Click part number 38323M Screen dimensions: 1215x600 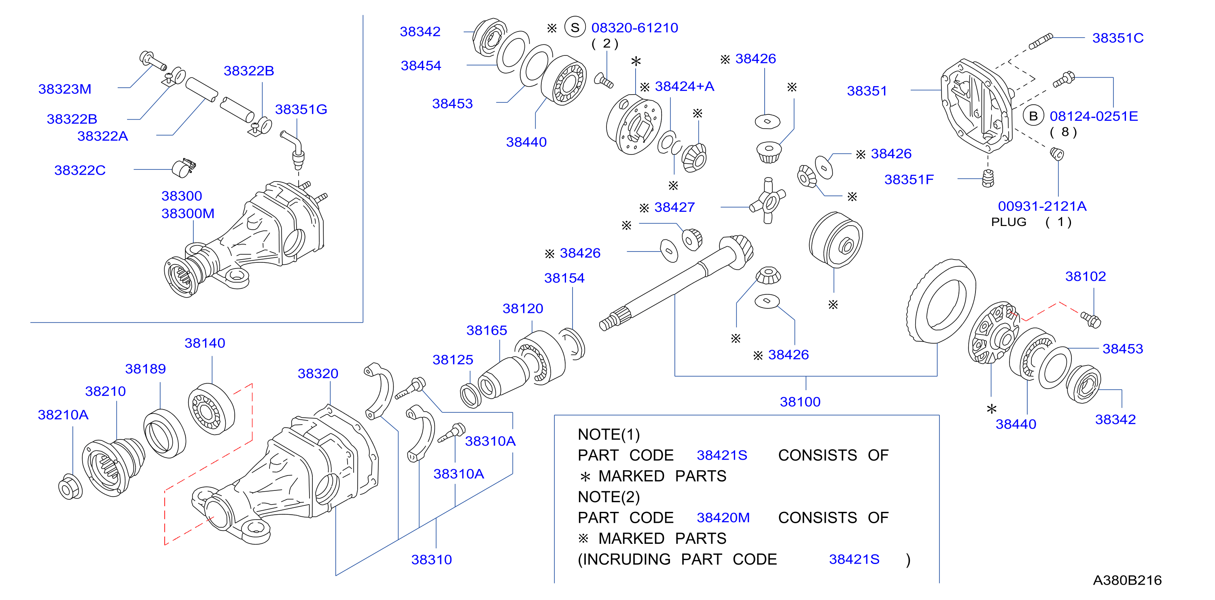65,89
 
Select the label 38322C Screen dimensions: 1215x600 80,170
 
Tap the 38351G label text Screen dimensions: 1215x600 301,109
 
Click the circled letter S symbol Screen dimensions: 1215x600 575,27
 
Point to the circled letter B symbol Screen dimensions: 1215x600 1033,116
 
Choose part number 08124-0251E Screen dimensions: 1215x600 1093,116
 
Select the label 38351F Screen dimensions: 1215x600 908,180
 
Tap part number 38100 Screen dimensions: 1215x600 800,401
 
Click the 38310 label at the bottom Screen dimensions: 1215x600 431,560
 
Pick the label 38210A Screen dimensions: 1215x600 63,415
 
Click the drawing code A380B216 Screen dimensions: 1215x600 1127,580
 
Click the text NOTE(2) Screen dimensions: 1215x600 609,497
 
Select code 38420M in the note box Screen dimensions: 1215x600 723,518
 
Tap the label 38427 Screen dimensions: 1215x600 674,207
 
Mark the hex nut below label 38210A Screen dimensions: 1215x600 70,487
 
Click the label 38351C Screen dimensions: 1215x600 1118,38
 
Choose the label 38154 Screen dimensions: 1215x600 564,278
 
